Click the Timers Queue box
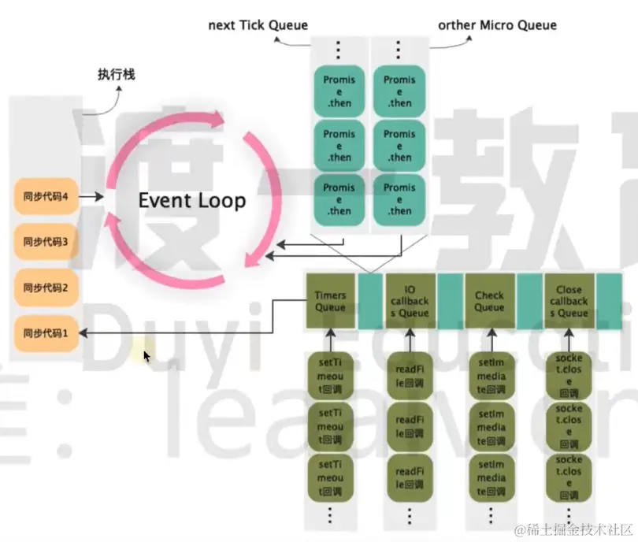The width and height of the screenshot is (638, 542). [x=330, y=302]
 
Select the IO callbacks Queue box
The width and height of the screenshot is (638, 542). [x=410, y=302]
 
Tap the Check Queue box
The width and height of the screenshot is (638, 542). [x=489, y=302]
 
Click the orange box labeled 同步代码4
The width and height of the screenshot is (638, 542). [x=46, y=196]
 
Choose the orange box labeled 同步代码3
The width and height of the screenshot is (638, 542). [x=46, y=242]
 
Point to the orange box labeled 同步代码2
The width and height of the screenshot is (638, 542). [x=46, y=288]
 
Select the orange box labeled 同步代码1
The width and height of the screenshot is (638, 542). [x=46, y=333]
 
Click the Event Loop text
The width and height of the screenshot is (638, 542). [x=192, y=200]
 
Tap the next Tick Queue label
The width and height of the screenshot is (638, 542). [x=258, y=25]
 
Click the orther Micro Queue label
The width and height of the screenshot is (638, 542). [x=497, y=25]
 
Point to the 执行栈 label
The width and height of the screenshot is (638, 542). [x=117, y=75]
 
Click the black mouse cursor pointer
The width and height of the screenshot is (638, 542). [x=147, y=357]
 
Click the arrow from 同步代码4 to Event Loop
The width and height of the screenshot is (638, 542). [x=93, y=196]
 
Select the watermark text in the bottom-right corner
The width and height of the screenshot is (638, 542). [x=573, y=527]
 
